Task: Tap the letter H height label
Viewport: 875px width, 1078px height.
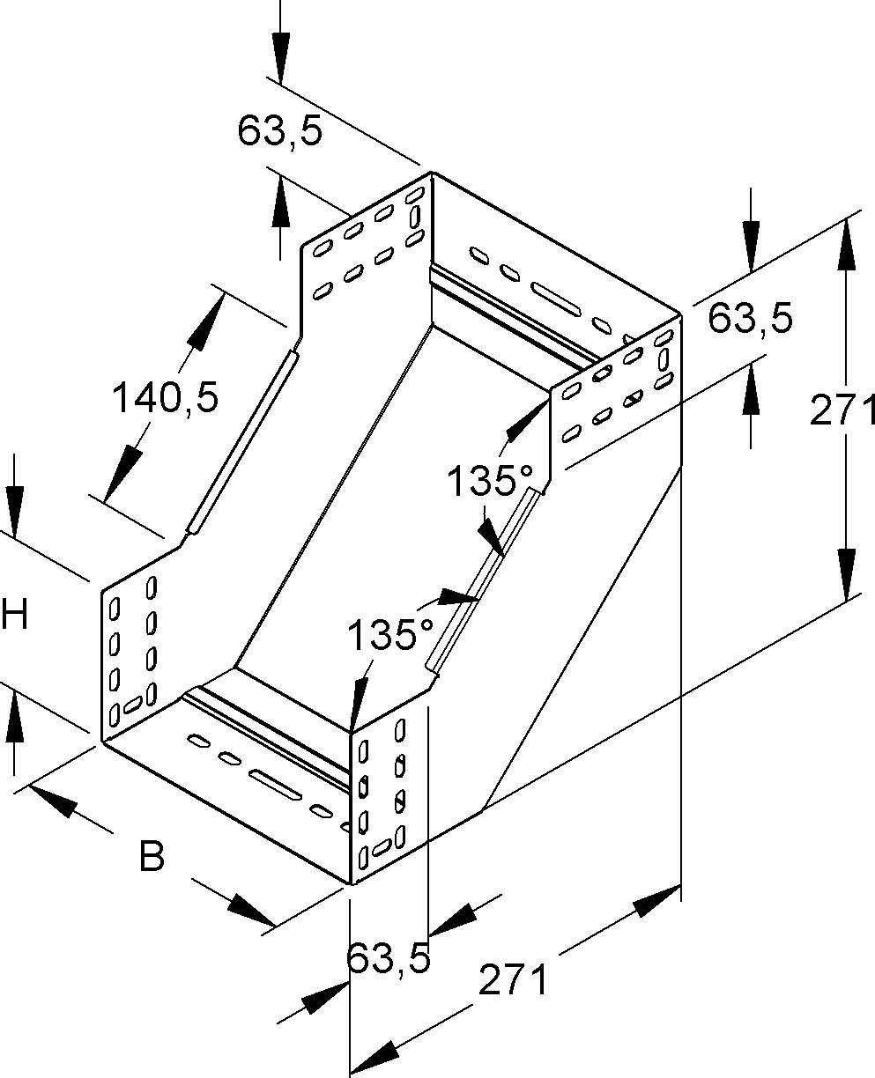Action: (x=15, y=615)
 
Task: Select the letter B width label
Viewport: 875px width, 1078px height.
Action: (x=152, y=855)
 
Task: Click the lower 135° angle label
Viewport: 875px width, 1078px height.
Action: (x=390, y=634)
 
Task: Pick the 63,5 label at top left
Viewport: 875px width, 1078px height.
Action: (x=279, y=131)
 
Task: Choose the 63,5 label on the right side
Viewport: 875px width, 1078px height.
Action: (x=751, y=319)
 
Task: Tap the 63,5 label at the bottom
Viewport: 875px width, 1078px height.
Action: (x=388, y=958)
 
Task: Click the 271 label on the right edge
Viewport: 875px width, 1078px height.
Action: (x=842, y=411)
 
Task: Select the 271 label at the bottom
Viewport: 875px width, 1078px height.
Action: (x=513, y=980)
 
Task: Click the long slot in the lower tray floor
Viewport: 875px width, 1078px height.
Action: (x=278, y=786)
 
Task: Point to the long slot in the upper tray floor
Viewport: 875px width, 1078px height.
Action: (x=556, y=298)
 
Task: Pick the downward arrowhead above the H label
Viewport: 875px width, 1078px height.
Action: (x=15, y=508)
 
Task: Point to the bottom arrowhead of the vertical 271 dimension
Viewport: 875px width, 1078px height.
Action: (x=845, y=572)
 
